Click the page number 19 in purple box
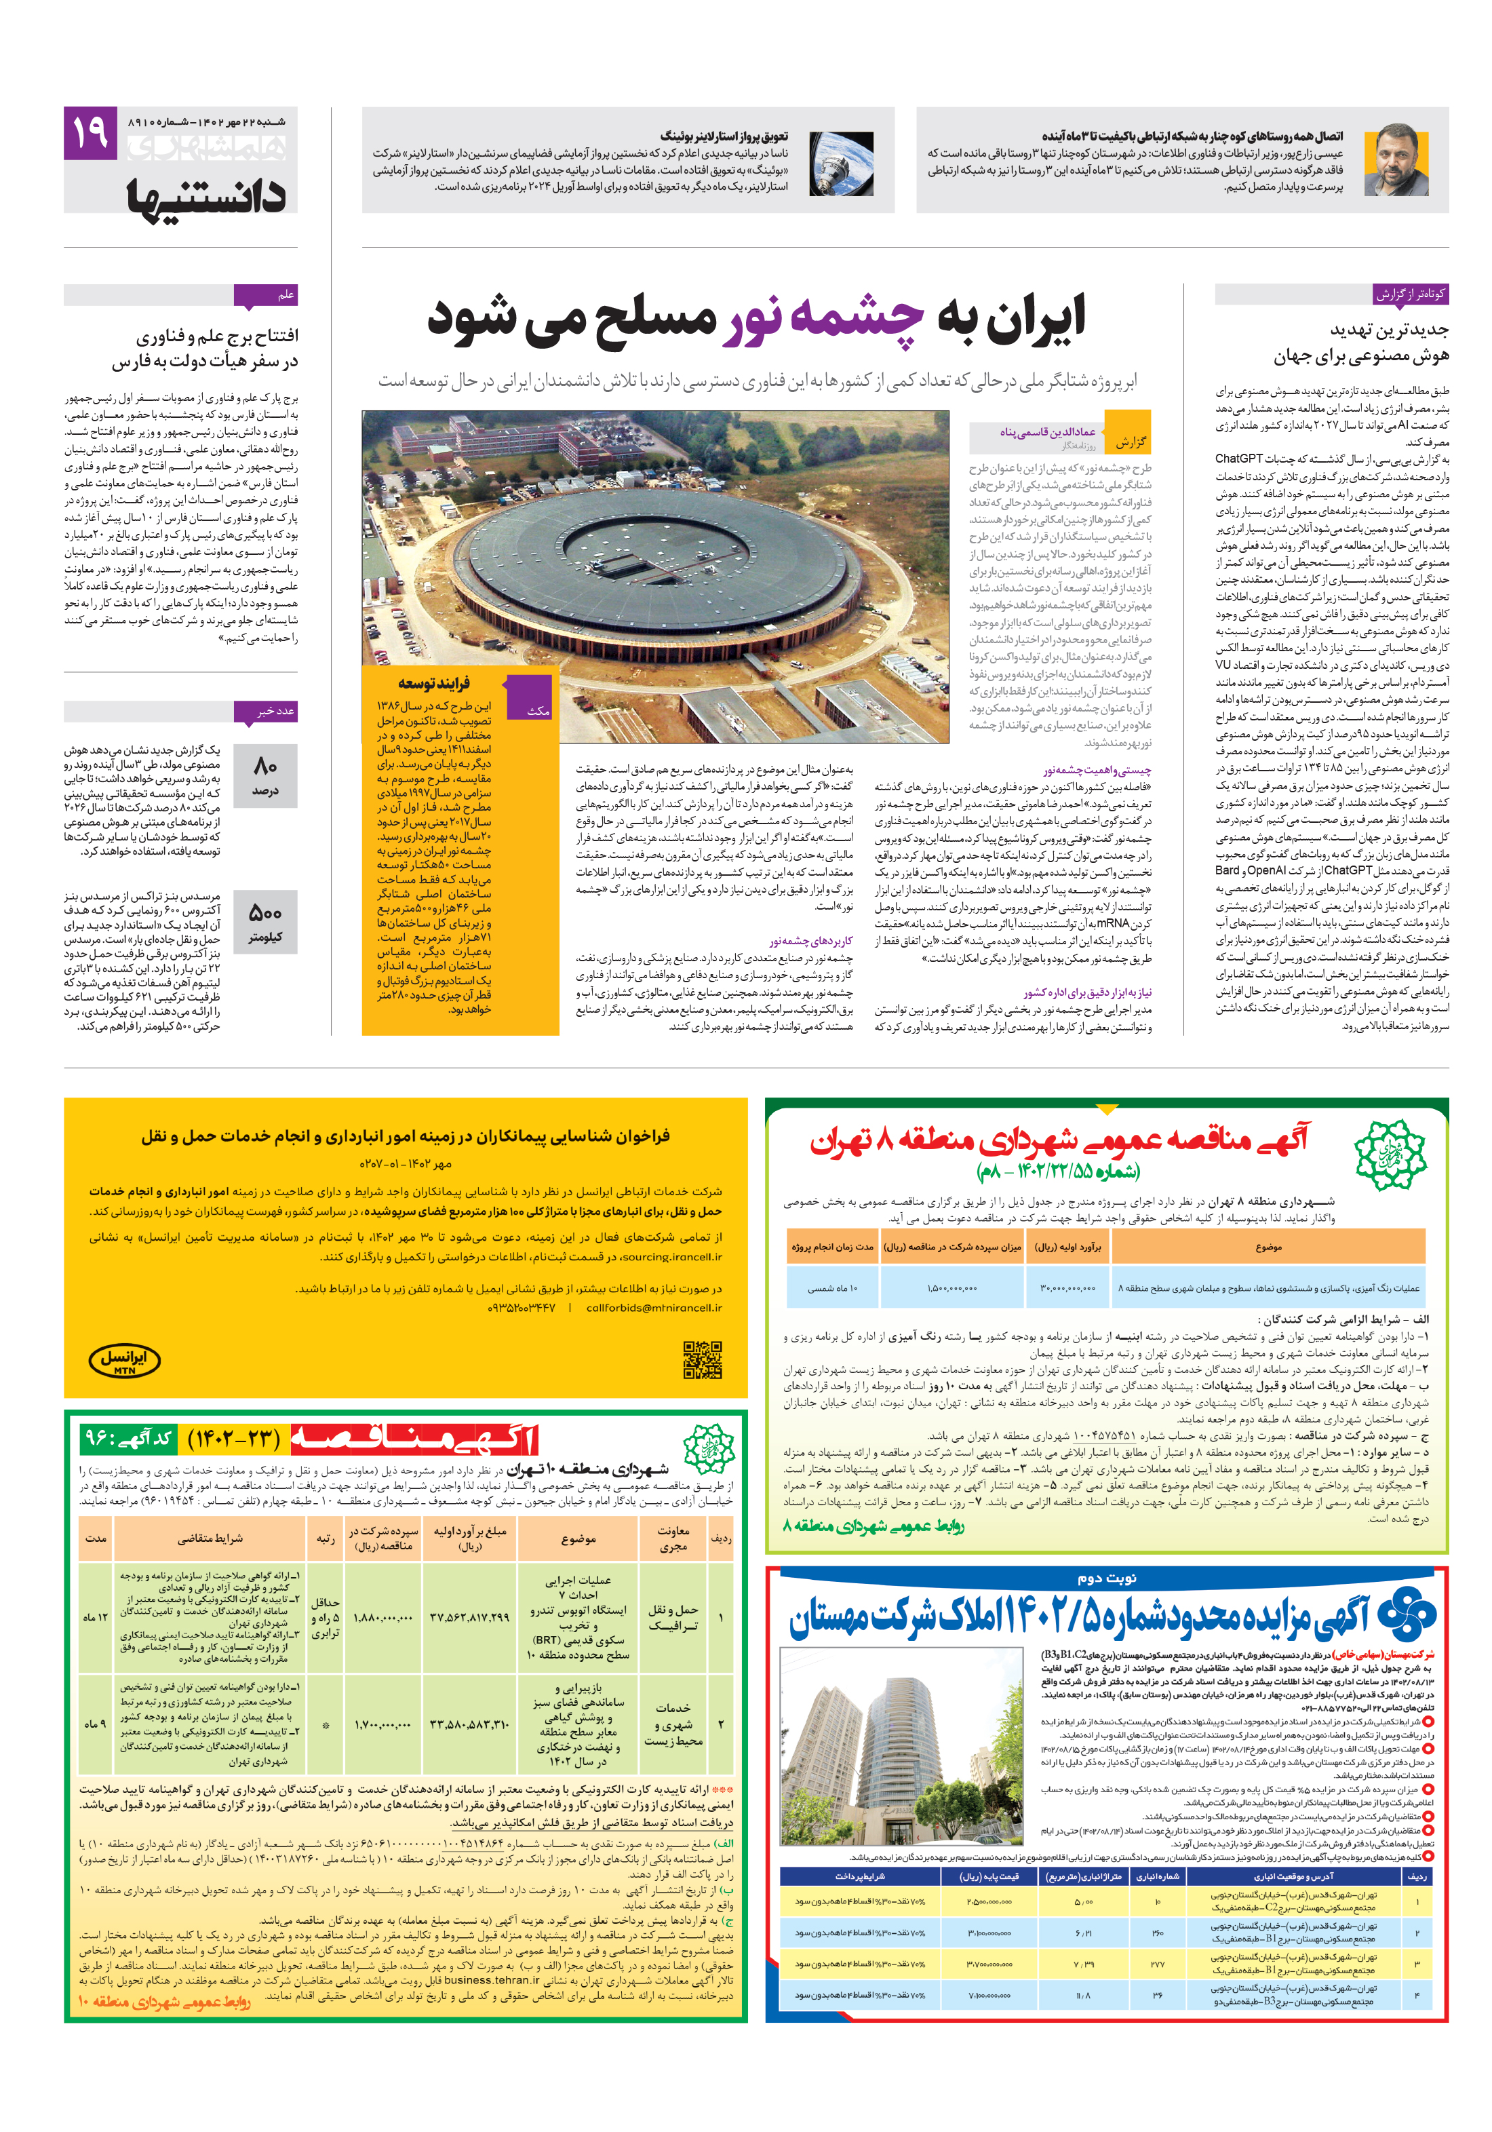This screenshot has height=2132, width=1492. (x=90, y=133)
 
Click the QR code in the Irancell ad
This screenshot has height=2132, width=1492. (x=702, y=1359)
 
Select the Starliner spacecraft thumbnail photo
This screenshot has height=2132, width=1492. (x=841, y=163)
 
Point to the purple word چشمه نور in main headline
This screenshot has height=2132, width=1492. (x=822, y=319)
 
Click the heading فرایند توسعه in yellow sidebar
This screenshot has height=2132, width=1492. (x=433, y=684)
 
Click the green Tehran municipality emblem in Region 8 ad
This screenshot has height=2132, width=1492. (x=1389, y=1155)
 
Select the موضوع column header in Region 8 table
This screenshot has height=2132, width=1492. (x=1268, y=1247)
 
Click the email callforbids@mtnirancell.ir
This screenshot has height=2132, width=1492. (x=654, y=1307)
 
